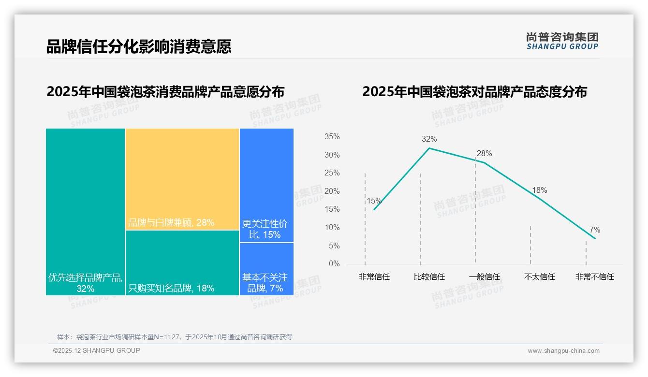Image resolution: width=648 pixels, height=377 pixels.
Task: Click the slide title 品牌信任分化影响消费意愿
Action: click(139, 46)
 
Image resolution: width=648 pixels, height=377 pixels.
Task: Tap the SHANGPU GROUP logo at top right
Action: click(562, 41)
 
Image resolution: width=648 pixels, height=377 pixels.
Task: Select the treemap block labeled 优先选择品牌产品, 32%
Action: click(85, 212)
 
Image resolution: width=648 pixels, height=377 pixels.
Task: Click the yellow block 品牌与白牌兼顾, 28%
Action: click(182, 179)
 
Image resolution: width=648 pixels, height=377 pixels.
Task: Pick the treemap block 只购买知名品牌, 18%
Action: click(182, 262)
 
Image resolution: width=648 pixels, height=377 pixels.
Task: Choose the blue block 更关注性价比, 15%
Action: click(266, 185)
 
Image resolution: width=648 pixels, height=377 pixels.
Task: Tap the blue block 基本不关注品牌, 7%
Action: click(266, 269)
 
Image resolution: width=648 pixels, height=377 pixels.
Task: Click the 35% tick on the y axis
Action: click(332, 137)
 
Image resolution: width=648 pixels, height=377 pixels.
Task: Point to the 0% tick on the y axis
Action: click(334, 264)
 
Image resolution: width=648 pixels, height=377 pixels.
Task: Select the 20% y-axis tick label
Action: click(332, 191)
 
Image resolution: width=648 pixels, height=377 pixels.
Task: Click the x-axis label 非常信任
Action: click(374, 277)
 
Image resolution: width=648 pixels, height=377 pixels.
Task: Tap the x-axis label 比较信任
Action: click(429, 277)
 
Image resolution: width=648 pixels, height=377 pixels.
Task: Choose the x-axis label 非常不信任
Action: click(594, 277)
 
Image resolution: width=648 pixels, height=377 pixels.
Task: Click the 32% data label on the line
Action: click(429, 139)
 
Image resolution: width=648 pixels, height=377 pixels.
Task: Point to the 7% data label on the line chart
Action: click(595, 230)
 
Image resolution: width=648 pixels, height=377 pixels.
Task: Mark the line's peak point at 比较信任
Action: click(429, 148)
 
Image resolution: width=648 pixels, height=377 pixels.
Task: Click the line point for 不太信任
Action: click(540, 199)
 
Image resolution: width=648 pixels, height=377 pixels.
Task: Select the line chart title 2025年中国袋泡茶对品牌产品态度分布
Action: click(474, 92)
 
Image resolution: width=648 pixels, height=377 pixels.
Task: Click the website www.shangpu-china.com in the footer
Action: click(563, 351)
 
